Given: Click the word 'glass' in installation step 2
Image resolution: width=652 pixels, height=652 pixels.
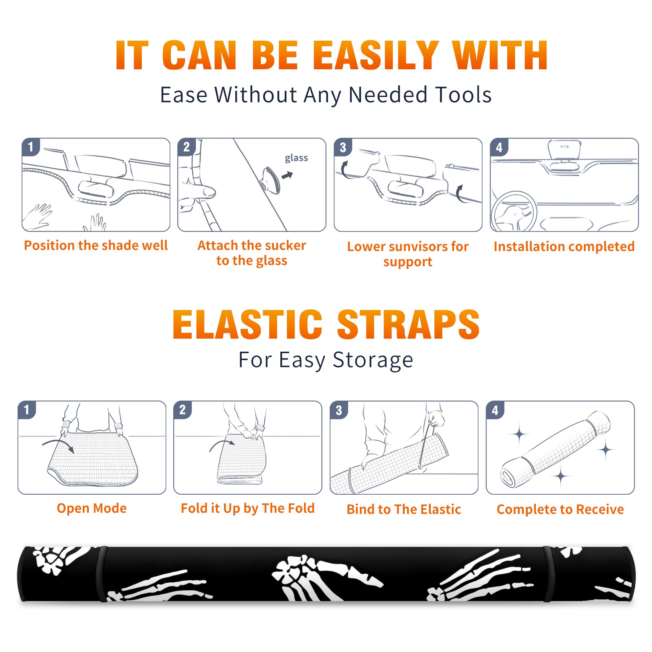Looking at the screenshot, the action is click(x=296, y=158).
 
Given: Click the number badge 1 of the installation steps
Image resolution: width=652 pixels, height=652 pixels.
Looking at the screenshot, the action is click(x=31, y=146).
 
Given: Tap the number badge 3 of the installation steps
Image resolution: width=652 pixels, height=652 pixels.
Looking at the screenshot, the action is click(x=343, y=147).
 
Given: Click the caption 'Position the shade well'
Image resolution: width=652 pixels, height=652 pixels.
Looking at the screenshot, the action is click(x=96, y=245).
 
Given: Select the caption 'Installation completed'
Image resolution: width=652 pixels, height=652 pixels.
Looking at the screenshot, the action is click(x=564, y=246).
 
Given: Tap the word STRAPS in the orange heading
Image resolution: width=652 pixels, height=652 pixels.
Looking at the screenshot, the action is click(x=408, y=324).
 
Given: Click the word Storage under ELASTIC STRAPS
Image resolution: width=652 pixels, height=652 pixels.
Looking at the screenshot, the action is click(x=373, y=360).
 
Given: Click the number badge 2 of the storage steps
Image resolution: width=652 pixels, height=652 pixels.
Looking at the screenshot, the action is click(x=182, y=410).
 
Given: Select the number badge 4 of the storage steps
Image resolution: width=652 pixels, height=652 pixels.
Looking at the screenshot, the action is click(x=495, y=410).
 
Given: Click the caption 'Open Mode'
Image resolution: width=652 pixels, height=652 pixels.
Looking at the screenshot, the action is click(x=92, y=508).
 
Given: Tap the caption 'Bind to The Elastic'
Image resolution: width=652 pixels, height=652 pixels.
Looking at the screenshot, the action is click(x=404, y=509).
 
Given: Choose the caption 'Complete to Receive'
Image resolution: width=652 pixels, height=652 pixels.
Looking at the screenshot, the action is click(x=560, y=509).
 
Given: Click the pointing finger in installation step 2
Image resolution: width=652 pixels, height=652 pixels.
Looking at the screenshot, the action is click(x=200, y=191).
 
